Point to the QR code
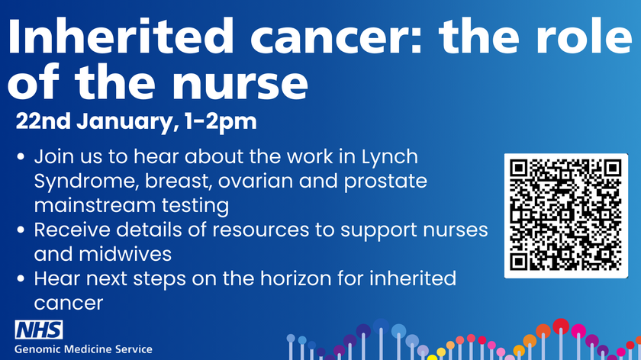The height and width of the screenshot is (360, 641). click(566, 215)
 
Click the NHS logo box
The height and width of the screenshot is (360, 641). click(39, 330)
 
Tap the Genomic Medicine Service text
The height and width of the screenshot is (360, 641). click(84, 349)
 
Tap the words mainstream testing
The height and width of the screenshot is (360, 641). click(130, 205)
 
